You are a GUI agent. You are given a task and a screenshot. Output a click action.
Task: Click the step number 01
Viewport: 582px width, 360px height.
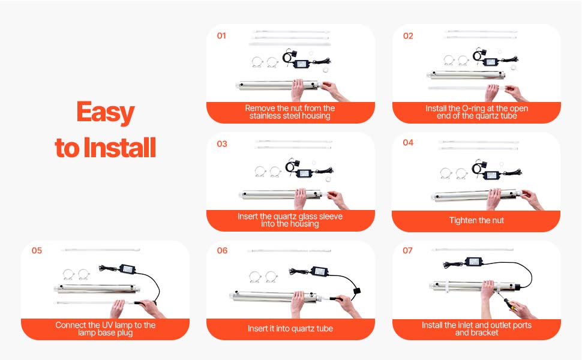coord(221,35)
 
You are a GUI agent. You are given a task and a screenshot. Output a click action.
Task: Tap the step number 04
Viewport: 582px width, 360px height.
coord(408,143)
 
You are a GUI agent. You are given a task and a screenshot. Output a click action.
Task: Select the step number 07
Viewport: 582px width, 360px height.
coord(407,251)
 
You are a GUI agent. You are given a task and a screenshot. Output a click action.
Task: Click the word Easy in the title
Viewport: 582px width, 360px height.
coord(106,112)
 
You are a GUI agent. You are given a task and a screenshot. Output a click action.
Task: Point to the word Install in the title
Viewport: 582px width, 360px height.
coord(119,148)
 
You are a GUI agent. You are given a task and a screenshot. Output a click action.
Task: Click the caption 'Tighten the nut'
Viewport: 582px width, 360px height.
coord(476,220)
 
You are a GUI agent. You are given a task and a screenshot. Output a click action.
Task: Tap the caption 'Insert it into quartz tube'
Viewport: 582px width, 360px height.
coord(290,328)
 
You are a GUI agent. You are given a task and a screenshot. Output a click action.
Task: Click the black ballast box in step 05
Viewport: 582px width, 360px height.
coord(127,269)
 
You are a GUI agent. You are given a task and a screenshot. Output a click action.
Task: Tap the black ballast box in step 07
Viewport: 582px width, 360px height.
coord(474,262)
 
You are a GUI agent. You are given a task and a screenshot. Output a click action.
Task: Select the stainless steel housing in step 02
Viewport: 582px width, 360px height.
coord(466,75)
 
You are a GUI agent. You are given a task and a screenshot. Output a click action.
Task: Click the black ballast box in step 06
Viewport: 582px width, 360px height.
coord(319,271)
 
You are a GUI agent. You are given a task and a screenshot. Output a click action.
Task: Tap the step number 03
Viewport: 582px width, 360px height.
coord(222,144)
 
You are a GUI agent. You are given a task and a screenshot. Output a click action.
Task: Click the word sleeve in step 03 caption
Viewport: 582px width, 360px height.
coord(331,217)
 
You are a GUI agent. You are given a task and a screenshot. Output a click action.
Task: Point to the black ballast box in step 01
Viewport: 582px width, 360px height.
coord(301,64)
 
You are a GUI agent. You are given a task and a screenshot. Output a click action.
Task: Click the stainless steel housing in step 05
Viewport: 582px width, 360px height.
coord(97,289)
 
